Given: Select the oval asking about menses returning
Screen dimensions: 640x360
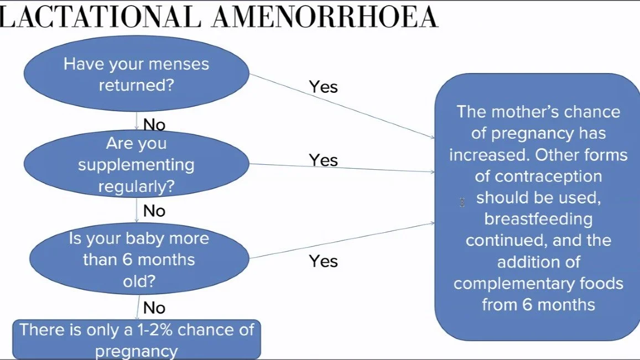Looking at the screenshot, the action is [x=136, y=74].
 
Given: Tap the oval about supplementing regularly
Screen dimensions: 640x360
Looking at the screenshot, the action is [x=136, y=165].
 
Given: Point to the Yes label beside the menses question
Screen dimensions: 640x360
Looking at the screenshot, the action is [x=323, y=87].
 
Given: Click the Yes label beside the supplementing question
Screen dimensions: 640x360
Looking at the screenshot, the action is [x=323, y=160].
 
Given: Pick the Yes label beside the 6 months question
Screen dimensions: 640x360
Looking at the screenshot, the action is [x=323, y=261].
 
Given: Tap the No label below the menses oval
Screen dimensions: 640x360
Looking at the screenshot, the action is [x=154, y=125].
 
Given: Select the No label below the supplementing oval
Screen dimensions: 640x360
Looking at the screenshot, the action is [x=154, y=211].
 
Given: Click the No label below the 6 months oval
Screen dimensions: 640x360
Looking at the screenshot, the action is [x=154, y=307].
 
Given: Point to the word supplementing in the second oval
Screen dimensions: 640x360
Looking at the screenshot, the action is [x=136, y=165].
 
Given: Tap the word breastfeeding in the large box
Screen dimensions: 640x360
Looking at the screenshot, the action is [x=538, y=219].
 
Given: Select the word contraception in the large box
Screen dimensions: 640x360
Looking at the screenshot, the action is [x=538, y=176].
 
